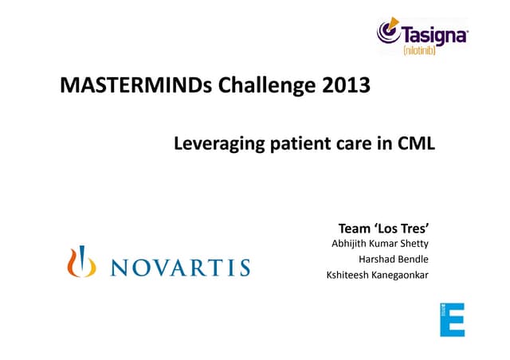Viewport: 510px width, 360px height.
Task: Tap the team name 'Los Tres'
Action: click(410, 227)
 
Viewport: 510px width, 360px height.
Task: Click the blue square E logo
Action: click(452, 319)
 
